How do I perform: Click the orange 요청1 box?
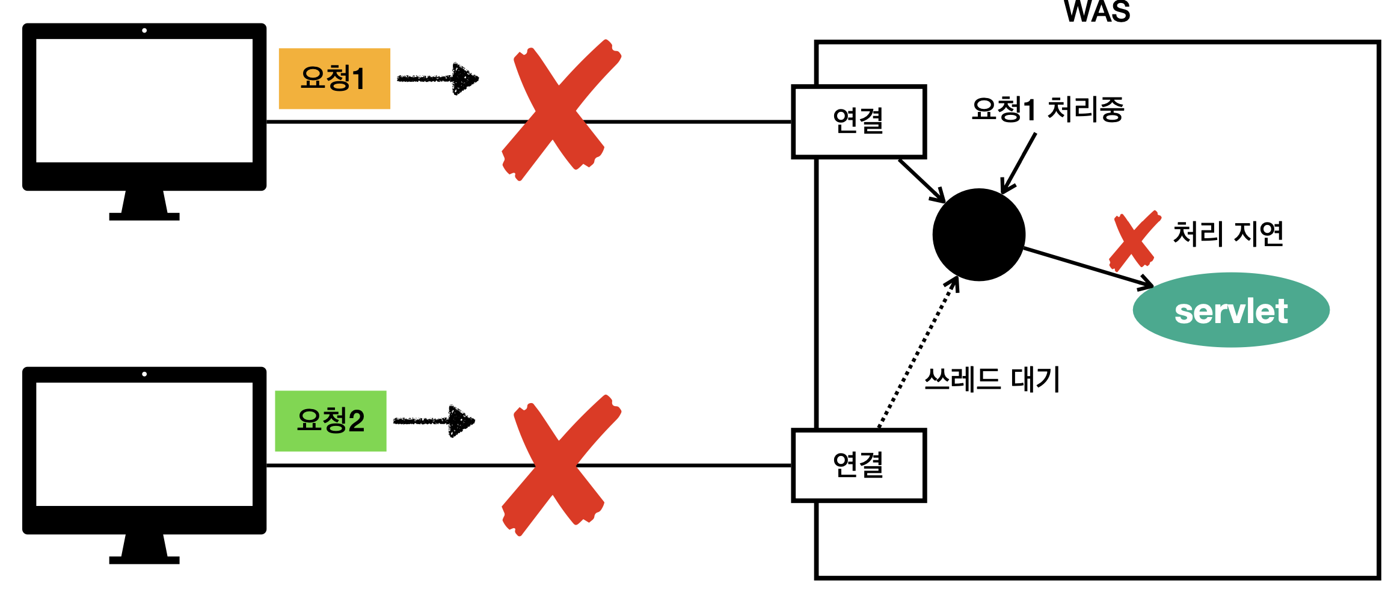(x=334, y=78)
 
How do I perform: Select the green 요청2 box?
(x=330, y=421)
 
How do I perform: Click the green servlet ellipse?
(x=1230, y=310)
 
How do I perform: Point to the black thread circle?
(x=978, y=235)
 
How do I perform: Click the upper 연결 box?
(x=858, y=122)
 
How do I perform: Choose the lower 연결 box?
(x=858, y=465)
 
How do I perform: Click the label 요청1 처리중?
(x=1047, y=110)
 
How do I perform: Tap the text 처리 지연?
(x=1228, y=234)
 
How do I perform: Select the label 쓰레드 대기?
(x=992, y=380)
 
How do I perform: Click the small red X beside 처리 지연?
(x=1134, y=240)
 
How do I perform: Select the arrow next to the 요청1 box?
(x=438, y=78)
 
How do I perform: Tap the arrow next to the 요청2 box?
(x=434, y=421)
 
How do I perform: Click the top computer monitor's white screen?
(x=144, y=100)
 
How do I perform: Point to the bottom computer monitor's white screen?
(x=144, y=444)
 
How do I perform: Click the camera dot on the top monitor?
(x=144, y=31)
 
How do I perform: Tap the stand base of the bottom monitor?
(x=144, y=560)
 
